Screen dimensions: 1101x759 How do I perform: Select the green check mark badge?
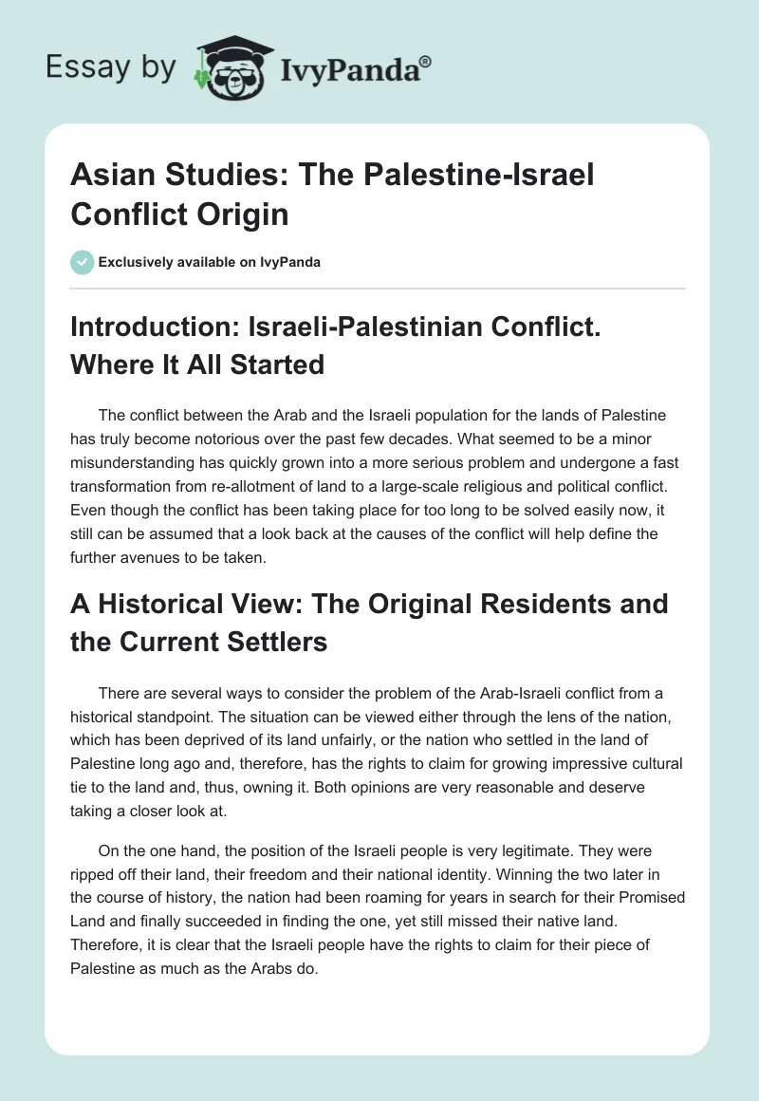82,262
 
